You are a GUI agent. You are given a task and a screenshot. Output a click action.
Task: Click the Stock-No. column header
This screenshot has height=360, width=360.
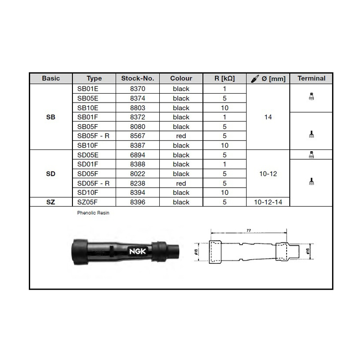click(138, 78)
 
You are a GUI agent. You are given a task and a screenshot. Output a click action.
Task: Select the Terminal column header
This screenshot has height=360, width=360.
click(311, 78)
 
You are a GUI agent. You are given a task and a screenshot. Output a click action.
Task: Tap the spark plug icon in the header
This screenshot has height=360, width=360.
click(255, 79)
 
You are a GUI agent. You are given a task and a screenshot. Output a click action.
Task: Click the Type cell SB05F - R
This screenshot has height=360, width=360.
click(93, 136)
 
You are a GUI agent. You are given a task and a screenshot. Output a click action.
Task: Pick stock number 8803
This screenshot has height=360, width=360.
click(138, 108)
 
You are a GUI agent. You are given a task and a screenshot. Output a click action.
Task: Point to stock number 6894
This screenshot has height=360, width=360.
click(138, 155)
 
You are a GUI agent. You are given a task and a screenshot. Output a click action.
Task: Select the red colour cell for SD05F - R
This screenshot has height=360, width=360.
click(181, 184)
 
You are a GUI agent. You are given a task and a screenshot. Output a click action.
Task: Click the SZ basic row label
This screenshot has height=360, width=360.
click(50, 202)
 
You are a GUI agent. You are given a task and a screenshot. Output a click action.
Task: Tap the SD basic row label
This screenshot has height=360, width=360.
click(50, 174)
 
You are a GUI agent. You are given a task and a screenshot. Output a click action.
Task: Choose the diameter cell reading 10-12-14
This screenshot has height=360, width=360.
click(268, 202)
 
